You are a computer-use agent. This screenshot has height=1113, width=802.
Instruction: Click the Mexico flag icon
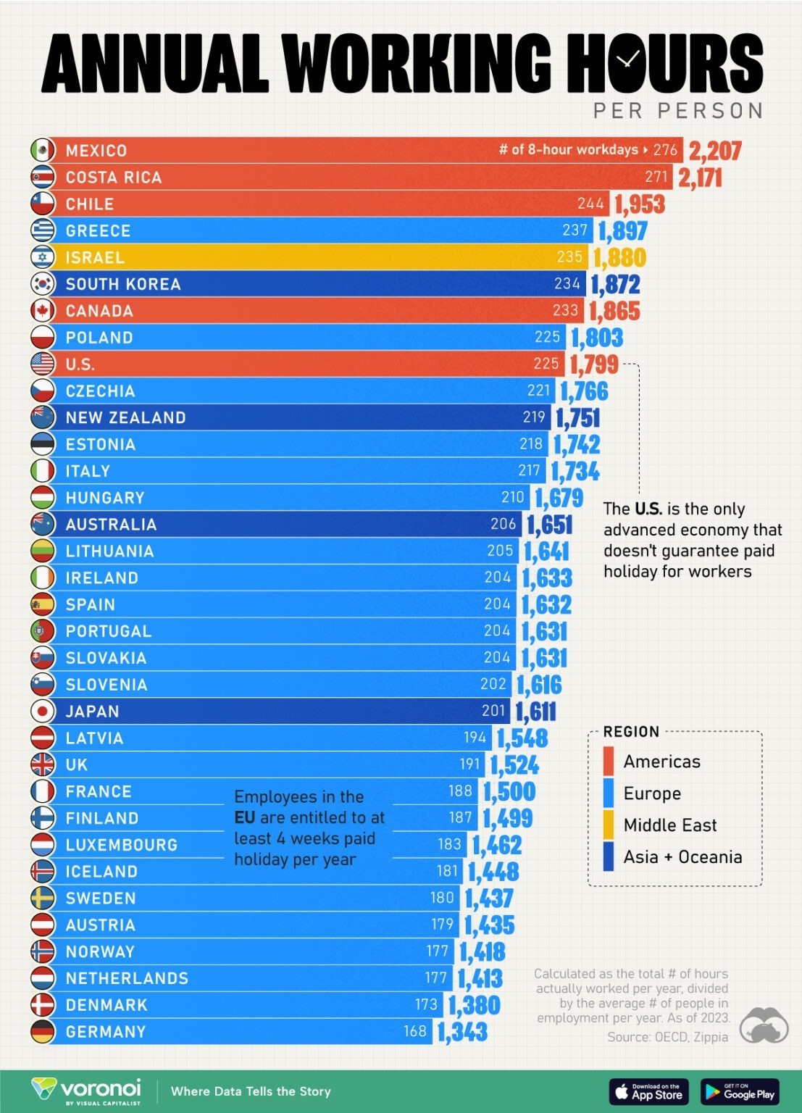click(43, 150)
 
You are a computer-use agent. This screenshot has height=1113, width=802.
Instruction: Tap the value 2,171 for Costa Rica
click(700, 178)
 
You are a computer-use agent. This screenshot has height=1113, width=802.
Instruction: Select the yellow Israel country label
click(95, 258)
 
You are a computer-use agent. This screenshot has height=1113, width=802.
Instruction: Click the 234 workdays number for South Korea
click(567, 284)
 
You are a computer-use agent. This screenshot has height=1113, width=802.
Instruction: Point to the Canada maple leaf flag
click(43, 311)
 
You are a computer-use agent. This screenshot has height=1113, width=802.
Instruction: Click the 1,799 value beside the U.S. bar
click(594, 364)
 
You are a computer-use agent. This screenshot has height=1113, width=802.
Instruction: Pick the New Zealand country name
click(125, 418)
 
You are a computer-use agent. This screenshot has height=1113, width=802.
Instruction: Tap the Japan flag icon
click(43, 711)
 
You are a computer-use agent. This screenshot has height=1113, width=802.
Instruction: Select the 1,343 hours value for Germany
click(462, 1032)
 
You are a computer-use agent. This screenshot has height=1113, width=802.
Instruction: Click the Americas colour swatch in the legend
click(609, 762)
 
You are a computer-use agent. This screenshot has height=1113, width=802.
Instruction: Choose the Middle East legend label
click(669, 825)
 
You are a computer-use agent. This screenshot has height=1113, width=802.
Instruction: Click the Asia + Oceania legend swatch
click(609, 857)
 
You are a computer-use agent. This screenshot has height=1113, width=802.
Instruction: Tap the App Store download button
click(648, 1092)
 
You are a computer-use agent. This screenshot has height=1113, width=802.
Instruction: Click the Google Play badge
click(740, 1092)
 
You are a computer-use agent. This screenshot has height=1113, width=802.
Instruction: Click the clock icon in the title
click(629, 60)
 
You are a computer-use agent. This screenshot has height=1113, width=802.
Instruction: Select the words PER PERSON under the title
click(678, 111)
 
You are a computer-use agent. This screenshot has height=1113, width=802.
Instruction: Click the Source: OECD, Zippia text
click(667, 1037)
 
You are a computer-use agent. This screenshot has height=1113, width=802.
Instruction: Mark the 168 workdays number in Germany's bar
click(415, 1031)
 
